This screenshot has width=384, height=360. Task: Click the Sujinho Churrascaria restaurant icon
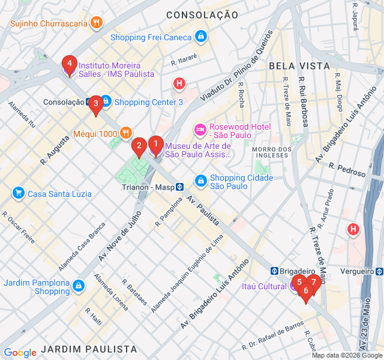point(95,23)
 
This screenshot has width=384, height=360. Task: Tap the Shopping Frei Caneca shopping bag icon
point(201,37)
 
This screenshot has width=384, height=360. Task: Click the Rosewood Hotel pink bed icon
point(200,129)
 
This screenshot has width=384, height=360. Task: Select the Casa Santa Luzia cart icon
point(19,193)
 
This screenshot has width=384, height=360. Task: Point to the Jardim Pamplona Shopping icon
point(78,287)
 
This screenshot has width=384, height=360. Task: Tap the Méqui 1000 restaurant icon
point(125,133)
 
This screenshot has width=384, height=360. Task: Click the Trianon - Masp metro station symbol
point(179,187)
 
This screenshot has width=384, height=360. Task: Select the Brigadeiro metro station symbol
point(276,271)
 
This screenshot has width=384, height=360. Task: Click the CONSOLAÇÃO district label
point(198,14)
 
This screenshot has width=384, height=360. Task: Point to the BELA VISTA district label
point(299,65)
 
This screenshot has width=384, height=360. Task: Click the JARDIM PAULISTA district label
point(90,349)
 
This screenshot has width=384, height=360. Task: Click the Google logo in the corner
point(20,353)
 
